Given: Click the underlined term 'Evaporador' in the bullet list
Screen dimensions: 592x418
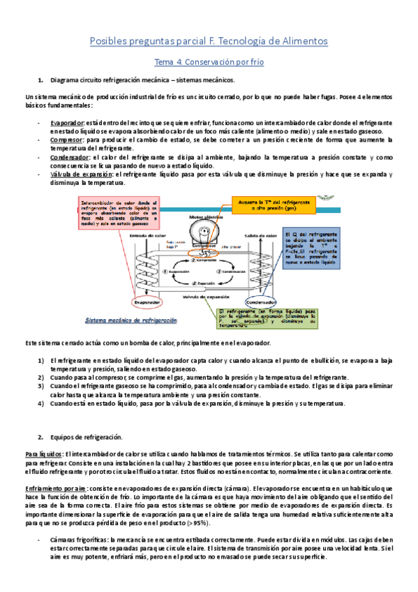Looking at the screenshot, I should (67, 123).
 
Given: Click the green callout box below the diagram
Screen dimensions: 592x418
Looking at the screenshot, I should (264, 318).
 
